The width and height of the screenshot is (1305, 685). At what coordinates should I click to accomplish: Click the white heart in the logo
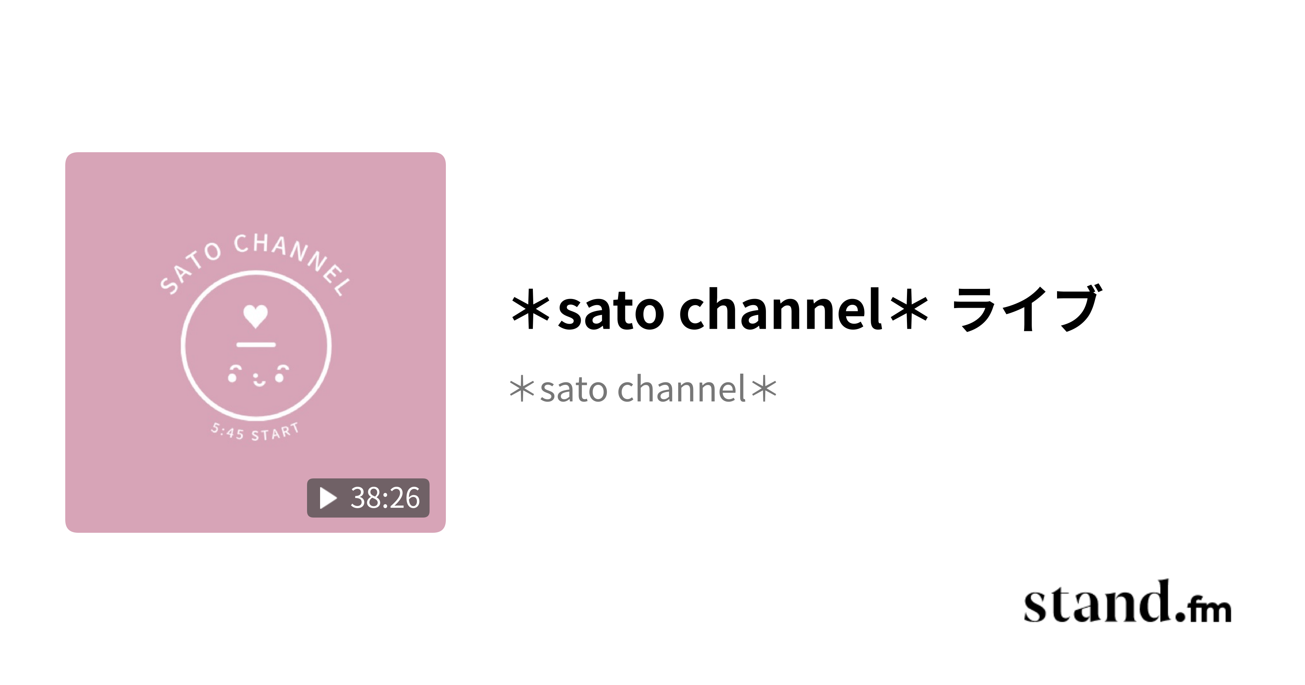pos(255,316)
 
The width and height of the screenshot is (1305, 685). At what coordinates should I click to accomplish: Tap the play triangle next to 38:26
pos(328,498)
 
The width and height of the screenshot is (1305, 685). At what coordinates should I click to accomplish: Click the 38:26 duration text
pos(385,498)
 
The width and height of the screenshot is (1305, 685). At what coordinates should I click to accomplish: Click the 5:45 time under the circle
pos(227,432)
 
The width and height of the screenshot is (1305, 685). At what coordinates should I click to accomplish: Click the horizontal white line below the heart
pos(256,345)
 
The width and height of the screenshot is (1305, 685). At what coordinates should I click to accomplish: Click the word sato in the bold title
pos(611,310)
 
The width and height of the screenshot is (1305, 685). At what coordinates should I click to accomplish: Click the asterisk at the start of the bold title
pos(530,310)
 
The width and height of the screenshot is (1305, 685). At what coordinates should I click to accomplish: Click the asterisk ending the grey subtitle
pos(764,389)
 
